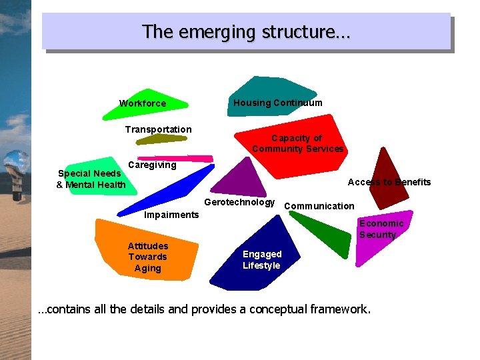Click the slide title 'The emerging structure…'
pos(247,31)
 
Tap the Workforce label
pos(143,103)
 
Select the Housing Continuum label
pos(277,103)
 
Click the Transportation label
pos(159,129)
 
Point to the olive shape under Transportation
pos(162,139)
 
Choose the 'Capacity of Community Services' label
pos(297,143)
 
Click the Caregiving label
pos(152,165)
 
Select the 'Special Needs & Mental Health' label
pos(91,179)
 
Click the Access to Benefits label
pos(389,182)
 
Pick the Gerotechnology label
pos(239,202)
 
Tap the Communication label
pos(319,206)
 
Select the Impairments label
pos(171,215)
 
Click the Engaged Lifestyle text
pos(262,260)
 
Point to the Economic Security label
pos(381,229)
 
